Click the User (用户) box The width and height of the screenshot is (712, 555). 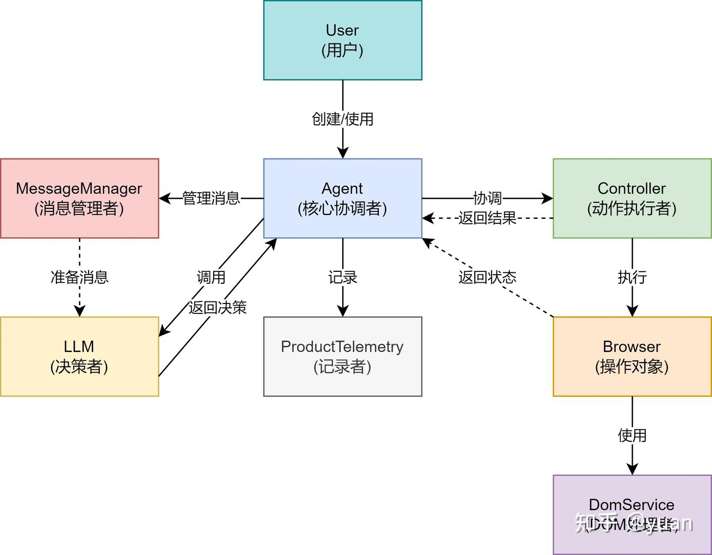[343, 40]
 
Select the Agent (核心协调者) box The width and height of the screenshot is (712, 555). [343, 198]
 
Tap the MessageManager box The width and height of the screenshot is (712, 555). [79, 198]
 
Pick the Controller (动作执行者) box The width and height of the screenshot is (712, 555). [632, 198]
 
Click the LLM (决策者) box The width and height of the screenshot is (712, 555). [79, 356]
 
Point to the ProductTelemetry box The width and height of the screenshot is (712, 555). [343, 356]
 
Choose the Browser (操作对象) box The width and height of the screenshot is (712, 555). [632, 356]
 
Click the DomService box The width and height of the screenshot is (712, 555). [632, 514]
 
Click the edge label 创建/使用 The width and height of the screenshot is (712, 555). [343, 119]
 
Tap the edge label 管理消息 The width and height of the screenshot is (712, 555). [211, 198]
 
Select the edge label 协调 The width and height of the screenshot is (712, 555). [488, 198]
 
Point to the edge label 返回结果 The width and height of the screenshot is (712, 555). [488, 218]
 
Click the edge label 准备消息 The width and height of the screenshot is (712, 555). [80, 277]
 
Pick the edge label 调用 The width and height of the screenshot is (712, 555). [211, 277]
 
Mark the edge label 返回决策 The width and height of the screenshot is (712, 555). [218, 307]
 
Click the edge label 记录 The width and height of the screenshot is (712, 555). [343, 277]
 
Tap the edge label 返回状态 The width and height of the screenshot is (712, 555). [488, 277]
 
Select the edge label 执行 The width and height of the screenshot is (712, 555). [632, 277]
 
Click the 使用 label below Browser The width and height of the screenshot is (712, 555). [632, 436]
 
